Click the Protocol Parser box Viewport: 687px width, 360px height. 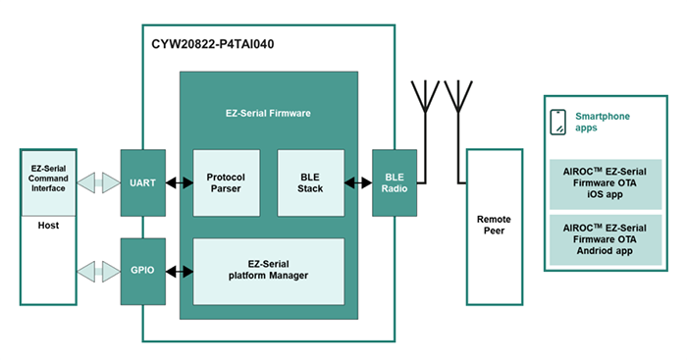226,182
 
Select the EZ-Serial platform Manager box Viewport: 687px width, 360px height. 268,269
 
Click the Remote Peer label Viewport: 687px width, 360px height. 493,225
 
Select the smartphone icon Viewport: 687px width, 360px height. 557,122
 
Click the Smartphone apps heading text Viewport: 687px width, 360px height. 602,122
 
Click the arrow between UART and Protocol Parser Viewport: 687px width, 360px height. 178,182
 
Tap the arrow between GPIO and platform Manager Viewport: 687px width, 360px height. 178,269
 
